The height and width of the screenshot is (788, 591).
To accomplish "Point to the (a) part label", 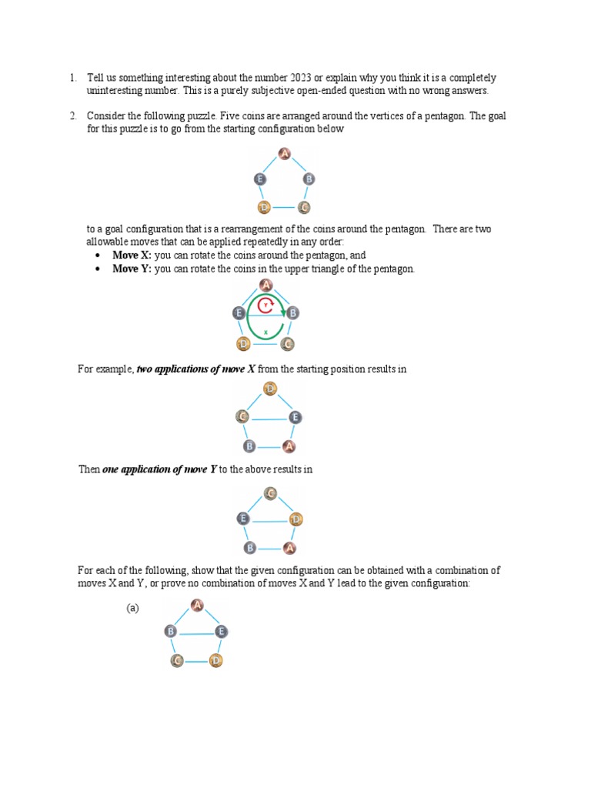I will tap(132, 608).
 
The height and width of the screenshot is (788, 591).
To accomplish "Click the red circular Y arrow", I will tap(266, 306).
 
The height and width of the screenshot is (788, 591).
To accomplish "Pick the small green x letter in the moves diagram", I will tap(265, 332).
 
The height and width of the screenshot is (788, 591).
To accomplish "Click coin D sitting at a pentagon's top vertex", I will tap(269, 389).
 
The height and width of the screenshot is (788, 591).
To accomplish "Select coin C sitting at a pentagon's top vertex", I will tap(270, 493).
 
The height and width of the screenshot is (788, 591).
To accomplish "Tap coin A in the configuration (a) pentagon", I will tap(197, 606).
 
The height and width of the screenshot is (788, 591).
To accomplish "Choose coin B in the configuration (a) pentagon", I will tap(171, 632).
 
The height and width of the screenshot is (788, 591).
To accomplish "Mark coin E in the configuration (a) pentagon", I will tap(222, 632).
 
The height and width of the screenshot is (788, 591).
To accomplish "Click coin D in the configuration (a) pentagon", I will tap(215, 660).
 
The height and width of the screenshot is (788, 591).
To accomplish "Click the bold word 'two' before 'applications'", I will tap(145, 369).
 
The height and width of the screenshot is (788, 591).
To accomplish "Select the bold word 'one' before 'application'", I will tap(111, 469).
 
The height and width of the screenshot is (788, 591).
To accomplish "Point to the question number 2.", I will tap(72, 116).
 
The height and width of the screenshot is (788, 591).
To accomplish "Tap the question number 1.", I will tap(72, 78).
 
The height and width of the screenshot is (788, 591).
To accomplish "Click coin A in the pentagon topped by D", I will tap(289, 446).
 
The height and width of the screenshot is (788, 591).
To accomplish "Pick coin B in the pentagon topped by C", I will tap(249, 548).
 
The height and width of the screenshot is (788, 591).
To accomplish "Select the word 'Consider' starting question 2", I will tap(105, 116).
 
